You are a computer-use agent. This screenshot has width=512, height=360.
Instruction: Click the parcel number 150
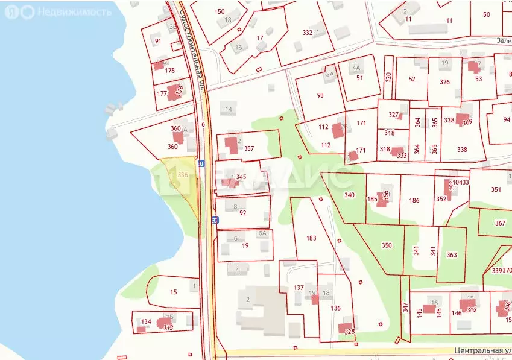coord(220,11)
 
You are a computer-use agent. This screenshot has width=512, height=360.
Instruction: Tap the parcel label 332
coord(308,33)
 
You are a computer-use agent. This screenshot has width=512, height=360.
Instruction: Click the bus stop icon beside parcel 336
coord(201,163)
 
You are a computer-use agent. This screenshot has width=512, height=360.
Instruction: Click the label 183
coord(311,238)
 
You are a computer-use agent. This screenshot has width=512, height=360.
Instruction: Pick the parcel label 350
coord(387,245)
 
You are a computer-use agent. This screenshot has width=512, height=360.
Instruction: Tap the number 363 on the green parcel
coord(452,255)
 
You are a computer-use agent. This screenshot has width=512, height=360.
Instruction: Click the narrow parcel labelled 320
coord(388,77)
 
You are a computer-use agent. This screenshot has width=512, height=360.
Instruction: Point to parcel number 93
coord(320,95)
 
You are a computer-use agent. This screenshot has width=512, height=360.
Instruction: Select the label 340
coord(349,195)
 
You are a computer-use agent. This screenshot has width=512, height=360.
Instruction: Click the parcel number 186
coord(414,200)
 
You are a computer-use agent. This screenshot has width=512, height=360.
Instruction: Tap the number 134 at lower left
coord(146,322)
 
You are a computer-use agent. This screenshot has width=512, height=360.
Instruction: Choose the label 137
coord(299,288)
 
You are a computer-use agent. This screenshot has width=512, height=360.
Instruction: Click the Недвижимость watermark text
coord(66,11)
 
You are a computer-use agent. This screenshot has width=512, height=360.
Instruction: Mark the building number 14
coord(229,109)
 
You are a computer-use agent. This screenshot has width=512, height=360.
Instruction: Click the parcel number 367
coord(500,223)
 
